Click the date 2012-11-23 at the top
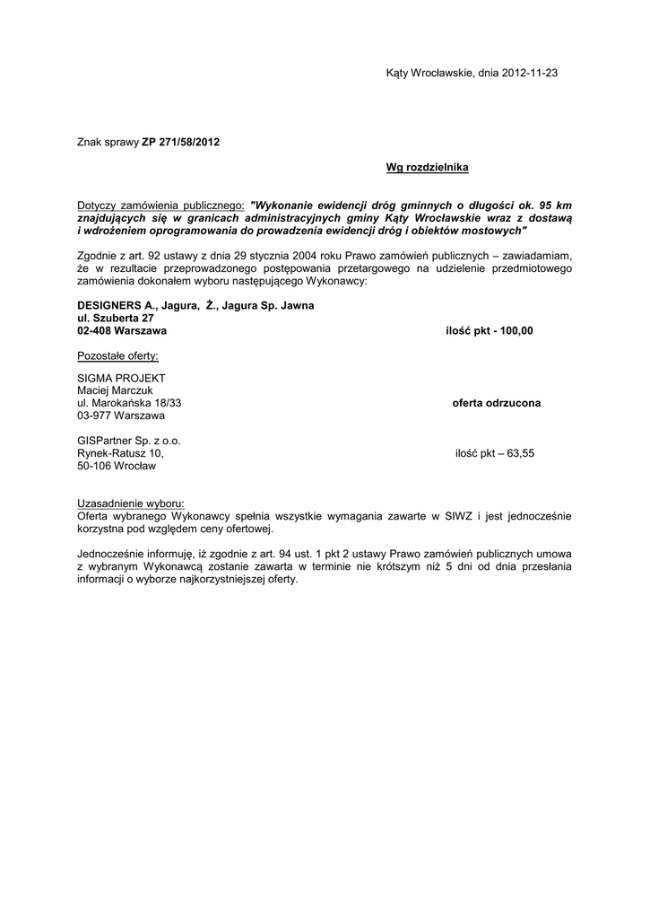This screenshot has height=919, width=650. pyautogui.click(x=530, y=73)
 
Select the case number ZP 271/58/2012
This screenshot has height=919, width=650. pyautogui.click(x=180, y=142)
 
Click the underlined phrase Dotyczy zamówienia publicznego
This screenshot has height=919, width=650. pyautogui.click(x=160, y=205)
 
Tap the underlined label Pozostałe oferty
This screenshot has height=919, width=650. pyautogui.click(x=117, y=355)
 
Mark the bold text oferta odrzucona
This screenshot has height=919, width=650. pyautogui.click(x=496, y=404)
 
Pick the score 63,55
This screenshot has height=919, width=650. pyautogui.click(x=518, y=453)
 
